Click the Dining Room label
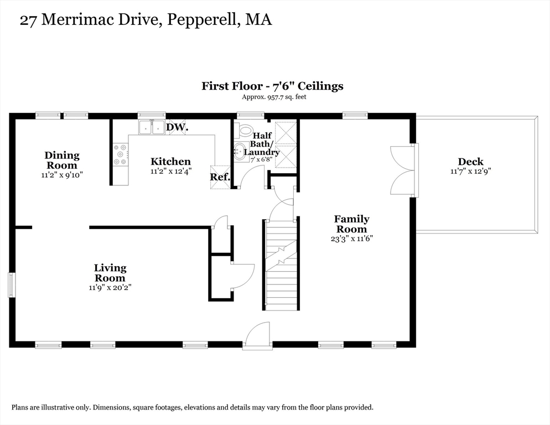(62, 160)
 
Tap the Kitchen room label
(171, 162)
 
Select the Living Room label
(110, 273)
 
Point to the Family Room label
(351, 224)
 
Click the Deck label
(471, 162)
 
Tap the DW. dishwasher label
(177, 127)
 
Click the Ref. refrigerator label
(220, 177)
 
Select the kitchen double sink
(152, 127)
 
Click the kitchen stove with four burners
(120, 154)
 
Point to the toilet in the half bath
(245, 130)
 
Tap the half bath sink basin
(241, 151)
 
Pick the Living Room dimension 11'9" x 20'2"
(110, 288)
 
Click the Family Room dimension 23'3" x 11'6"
(351, 239)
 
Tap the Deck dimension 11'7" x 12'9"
(471, 171)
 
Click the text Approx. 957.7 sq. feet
(274, 97)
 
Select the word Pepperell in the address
(202, 20)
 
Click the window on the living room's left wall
(12, 286)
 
